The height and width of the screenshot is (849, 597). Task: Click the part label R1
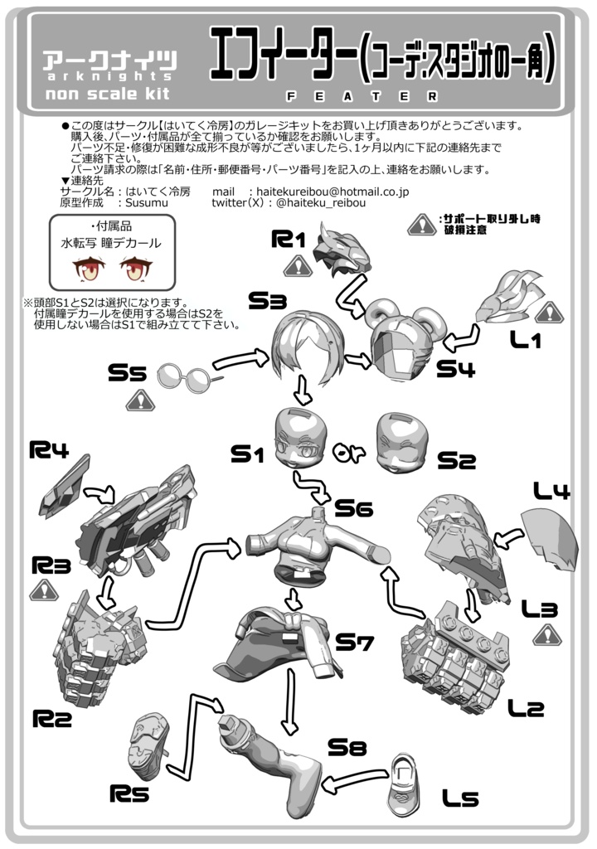pos(289,241)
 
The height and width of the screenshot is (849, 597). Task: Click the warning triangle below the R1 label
pos(296,266)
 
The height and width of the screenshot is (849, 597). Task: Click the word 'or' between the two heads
pos(350,453)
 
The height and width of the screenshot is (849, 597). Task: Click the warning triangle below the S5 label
pos(138,401)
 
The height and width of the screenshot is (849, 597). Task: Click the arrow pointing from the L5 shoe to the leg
pos(352,780)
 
